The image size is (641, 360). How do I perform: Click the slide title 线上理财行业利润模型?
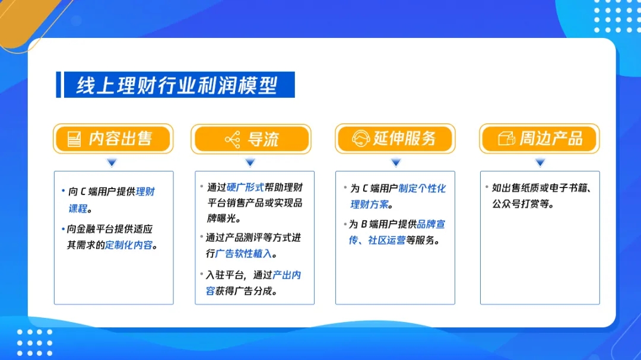click(x=177, y=85)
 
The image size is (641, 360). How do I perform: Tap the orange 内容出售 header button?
click(x=113, y=139)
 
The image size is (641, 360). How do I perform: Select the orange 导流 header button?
click(x=251, y=139)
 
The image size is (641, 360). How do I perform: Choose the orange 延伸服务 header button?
click(x=395, y=139)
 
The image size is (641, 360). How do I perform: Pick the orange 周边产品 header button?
click(x=540, y=139)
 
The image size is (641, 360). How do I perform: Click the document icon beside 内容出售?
click(x=74, y=139)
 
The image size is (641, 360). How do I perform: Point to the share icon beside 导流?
click(x=233, y=140)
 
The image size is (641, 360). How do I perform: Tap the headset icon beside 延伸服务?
click(x=361, y=139)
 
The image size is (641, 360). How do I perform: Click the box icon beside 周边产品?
click(x=506, y=139)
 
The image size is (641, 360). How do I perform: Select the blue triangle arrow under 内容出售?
click(x=112, y=163)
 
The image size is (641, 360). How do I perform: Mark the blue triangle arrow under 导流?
click(x=250, y=163)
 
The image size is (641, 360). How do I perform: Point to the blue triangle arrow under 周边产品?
click(x=540, y=163)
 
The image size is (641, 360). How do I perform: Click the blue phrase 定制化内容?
click(x=129, y=245)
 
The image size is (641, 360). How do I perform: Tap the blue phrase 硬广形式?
click(x=245, y=187)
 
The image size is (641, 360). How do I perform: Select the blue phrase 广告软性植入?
click(x=243, y=254)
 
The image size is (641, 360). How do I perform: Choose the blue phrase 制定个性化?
click(x=422, y=189)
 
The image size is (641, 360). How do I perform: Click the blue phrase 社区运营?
click(x=387, y=240)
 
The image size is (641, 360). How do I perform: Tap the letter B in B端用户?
click(x=364, y=224)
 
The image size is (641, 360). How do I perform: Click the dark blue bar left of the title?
click(x=58, y=85)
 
